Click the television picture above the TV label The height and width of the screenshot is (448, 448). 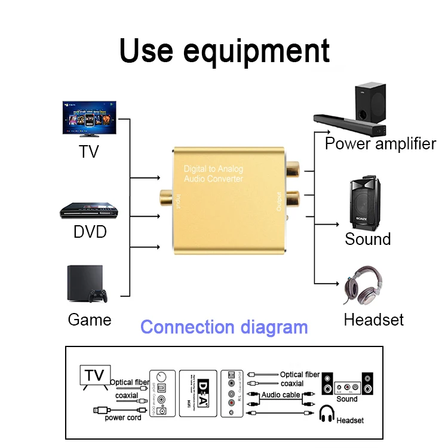(x=90, y=119)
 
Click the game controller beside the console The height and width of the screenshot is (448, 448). (x=97, y=295)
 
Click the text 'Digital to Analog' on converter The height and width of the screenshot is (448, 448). (x=213, y=169)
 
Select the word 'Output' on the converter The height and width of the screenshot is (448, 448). (x=278, y=201)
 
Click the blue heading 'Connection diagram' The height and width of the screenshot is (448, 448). (x=224, y=327)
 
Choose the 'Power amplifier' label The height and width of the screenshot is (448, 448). (x=380, y=143)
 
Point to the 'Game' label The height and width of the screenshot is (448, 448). (x=90, y=320)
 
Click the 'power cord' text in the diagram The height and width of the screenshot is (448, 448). (x=123, y=417)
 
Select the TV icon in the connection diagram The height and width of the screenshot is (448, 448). (x=94, y=377)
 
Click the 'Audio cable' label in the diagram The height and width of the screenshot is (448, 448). (x=281, y=395)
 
